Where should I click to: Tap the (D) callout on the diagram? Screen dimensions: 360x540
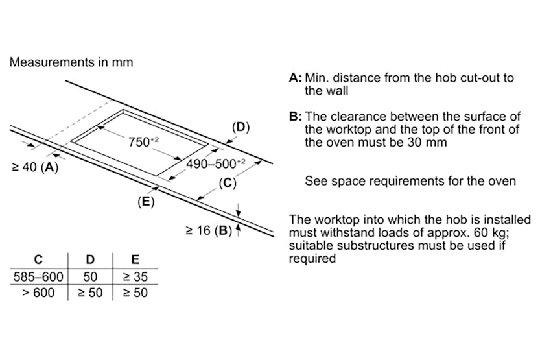[241, 127]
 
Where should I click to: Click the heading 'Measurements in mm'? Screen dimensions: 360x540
[71, 62]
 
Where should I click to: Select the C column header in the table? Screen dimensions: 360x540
[38, 260]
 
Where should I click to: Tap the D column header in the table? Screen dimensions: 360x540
[90, 260]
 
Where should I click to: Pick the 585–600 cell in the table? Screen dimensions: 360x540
[38, 277]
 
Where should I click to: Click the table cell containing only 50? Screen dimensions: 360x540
[90, 277]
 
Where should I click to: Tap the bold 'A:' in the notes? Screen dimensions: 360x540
[295, 78]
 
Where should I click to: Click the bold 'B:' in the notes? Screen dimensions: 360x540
[295, 117]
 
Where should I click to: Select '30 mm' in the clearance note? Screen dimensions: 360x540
[427, 142]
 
